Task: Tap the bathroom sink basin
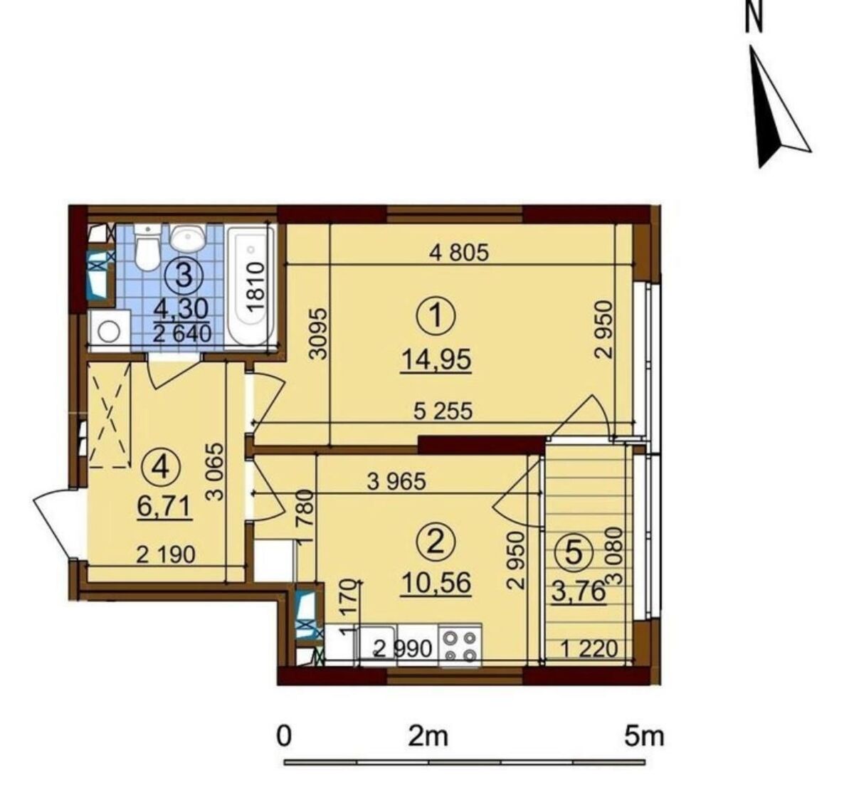pyautogui.click(x=189, y=238)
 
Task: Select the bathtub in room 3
pyautogui.click(x=251, y=285)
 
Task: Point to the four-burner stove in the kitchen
pyautogui.click(x=460, y=646)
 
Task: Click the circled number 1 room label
pyautogui.click(x=436, y=317)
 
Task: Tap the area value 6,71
pyautogui.click(x=164, y=507)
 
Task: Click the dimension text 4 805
pyautogui.click(x=459, y=253)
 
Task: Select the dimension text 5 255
pyautogui.click(x=443, y=411)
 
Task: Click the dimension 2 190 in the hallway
pyautogui.click(x=166, y=554)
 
